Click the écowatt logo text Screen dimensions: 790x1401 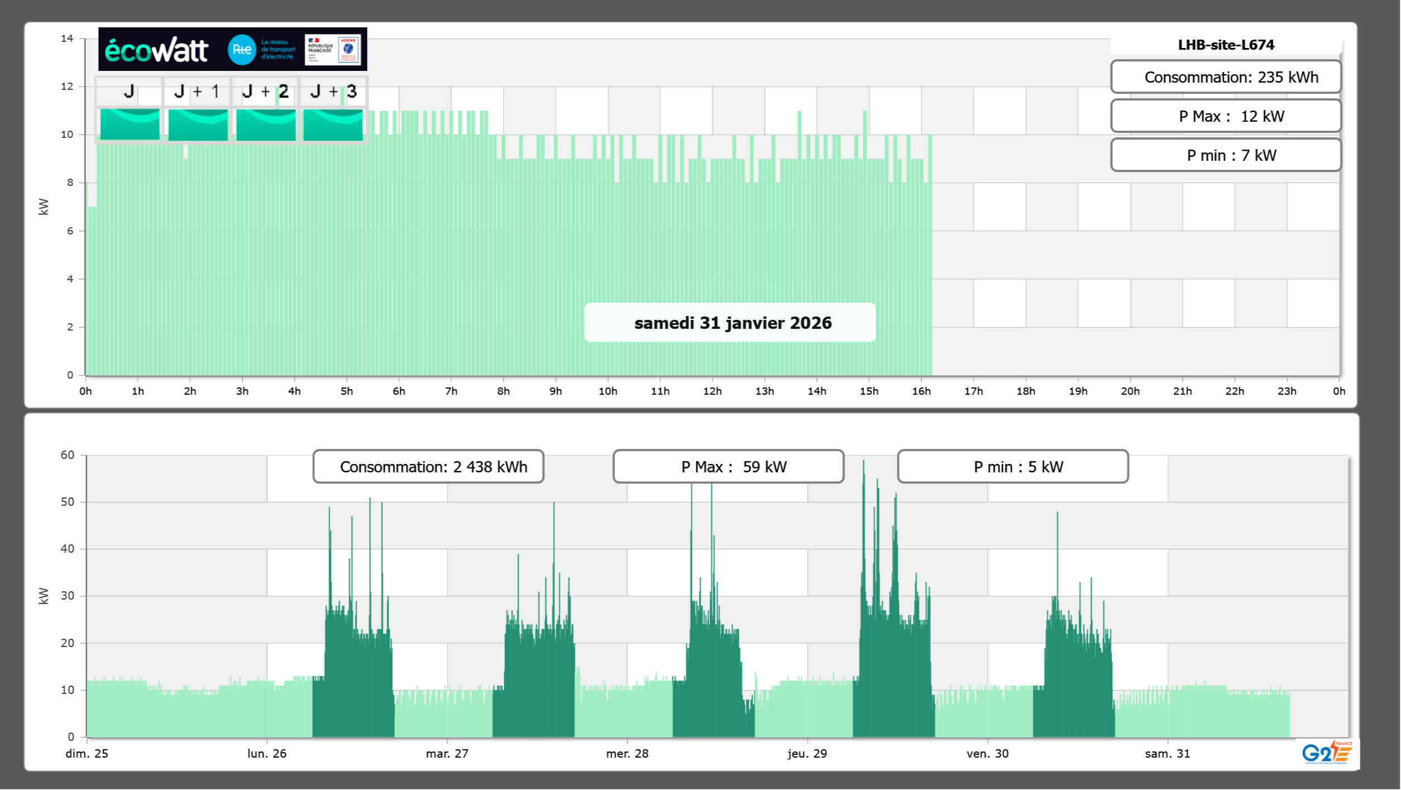tap(156, 50)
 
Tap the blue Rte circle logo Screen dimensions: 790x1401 tap(242, 50)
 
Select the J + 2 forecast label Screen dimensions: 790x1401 tap(265, 92)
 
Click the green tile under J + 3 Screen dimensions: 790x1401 tap(333, 125)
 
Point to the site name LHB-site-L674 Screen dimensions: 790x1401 tap(1226, 45)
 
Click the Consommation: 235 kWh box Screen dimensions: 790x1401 tap(1226, 77)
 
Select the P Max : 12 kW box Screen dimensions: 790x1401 tap(1226, 116)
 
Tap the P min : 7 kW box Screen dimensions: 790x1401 tap(1226, 155)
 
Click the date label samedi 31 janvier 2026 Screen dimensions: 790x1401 tap(732, 323)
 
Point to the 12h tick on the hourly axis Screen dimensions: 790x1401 tap(712, 391)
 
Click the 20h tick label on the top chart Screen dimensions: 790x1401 tap(1130, 391)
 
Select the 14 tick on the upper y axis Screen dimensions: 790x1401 tap(67, 39)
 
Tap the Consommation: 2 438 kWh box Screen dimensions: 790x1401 tap(429, 467)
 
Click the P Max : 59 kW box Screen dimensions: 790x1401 tap(728, 467)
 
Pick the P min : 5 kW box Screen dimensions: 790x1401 tap(1013, 467)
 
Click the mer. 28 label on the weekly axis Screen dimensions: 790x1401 tap(627, 753)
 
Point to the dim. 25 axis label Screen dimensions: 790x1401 tap(87, 753)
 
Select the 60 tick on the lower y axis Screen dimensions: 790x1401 tap(67, 455)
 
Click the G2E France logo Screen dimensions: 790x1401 tap(1327, 752)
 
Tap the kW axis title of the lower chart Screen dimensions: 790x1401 tap(44, 596)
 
